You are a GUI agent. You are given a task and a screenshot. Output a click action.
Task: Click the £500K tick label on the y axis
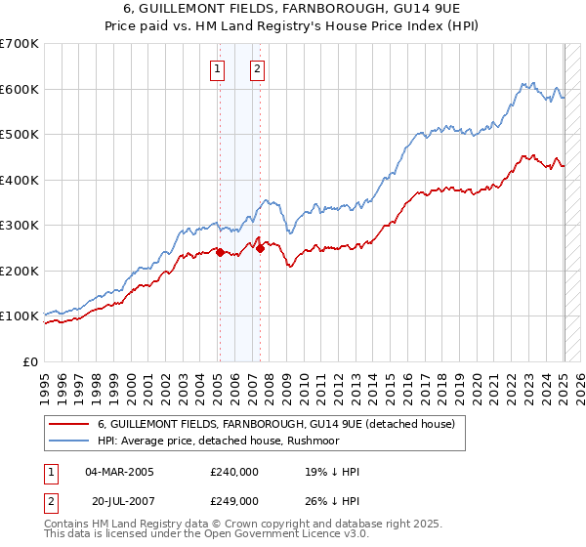click(20, 134)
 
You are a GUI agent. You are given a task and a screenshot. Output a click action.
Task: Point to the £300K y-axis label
click(20, 225)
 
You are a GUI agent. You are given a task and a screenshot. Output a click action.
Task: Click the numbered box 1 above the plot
click(216, 68)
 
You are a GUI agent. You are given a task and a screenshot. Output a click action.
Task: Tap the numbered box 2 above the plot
click(257, 68)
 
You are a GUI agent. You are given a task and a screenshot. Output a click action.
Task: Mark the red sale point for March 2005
click(220, 252)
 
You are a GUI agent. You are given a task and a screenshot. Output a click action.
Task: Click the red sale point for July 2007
click(261, 248)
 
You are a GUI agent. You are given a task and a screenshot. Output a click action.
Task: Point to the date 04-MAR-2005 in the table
click(119, 472)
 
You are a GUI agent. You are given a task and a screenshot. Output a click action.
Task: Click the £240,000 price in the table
click(233, 472)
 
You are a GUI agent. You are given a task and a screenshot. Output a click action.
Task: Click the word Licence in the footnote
click(282, 536)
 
